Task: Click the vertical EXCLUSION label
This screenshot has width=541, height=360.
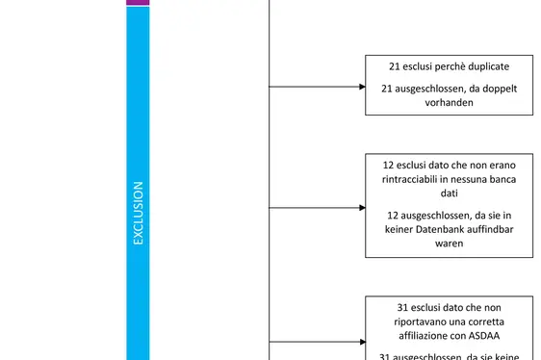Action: point(138,213)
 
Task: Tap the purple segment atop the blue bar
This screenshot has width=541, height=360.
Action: point(138,3)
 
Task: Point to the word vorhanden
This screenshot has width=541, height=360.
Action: point(449,102)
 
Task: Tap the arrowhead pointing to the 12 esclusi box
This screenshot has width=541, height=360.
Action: point(361,206)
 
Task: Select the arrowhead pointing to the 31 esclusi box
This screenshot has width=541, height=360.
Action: point(361,341)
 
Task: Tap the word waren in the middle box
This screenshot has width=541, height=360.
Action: point(449,244)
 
